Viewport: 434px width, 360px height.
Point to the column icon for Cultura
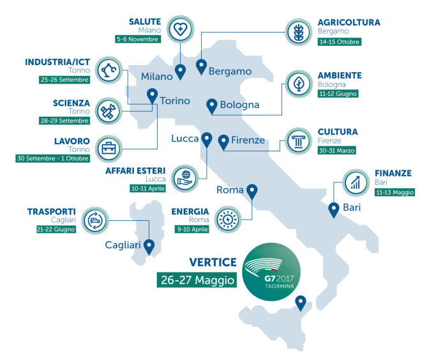298,142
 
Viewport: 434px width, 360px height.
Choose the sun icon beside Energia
227,219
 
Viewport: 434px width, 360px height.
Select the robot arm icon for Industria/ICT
108,70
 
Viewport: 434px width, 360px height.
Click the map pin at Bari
333,209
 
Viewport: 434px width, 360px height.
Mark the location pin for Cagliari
149,246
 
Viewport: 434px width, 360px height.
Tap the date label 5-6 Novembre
137,39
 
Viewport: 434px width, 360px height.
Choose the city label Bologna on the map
239,105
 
